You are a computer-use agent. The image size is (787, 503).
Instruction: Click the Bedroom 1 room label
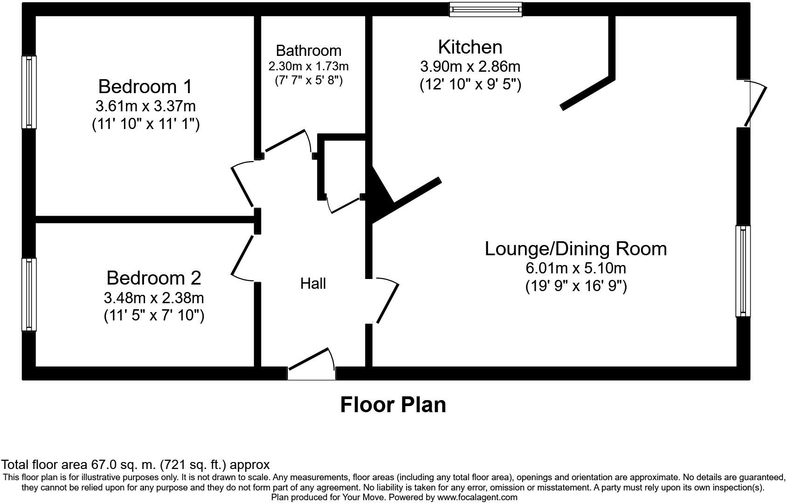point(145,87)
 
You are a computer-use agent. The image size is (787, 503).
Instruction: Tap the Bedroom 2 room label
point(153,278)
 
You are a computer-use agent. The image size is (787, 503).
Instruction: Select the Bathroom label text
point(308,50)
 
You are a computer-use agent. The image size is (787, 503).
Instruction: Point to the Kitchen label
point(470,47)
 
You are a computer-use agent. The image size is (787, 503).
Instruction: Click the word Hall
point(313,283)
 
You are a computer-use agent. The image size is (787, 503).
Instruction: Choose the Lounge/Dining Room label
point(575,248)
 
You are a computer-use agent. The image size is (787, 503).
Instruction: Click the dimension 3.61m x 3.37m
point(145,106)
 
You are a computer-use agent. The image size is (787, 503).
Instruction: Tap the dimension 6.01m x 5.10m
point(575,268)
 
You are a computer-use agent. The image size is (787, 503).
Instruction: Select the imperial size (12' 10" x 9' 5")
point(470,85)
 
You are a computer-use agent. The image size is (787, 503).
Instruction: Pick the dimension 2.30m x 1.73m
point(308,66)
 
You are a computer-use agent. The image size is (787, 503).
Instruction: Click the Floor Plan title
point(393,404)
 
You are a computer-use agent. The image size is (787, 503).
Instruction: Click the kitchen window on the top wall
point(485,9)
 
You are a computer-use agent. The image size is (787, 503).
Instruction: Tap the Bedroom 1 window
point(29,92)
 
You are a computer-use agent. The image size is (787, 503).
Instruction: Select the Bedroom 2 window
point(29,294)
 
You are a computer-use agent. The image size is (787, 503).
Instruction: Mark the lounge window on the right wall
point(743,271)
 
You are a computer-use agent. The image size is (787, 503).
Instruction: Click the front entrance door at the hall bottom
point(311,363)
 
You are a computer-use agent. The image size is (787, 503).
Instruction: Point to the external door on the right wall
point(754,103)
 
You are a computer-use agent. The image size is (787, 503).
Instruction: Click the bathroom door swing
point(287,142)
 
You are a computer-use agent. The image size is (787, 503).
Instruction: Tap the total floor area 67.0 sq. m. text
point(135,464)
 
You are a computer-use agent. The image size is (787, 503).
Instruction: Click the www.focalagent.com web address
point(477,497)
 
